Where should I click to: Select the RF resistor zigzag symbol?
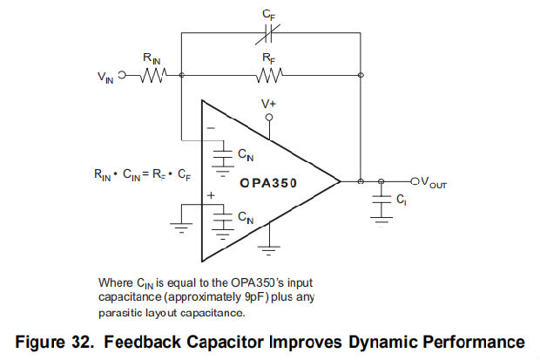pos(269,76)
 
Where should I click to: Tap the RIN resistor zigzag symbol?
pos(154,76)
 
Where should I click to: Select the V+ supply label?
pos(270,103)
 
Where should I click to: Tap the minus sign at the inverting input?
pos(210,127)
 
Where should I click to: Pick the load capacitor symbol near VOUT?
pos(381,200)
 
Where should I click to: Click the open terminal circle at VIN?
pos(122,76)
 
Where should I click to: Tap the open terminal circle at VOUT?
pos(415,181)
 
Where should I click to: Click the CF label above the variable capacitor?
pos(268,13)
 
